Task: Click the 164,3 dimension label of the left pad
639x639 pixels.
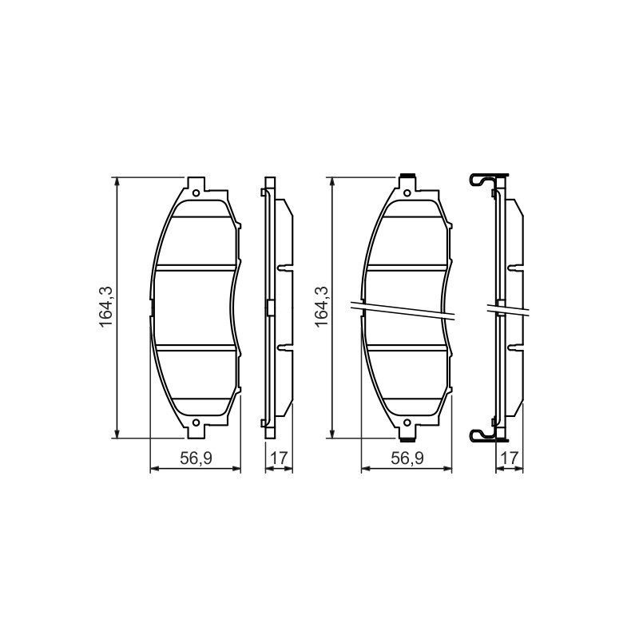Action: pos(105,307)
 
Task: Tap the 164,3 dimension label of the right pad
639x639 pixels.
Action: pos(322,307)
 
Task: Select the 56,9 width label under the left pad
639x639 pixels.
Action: pos(196,458)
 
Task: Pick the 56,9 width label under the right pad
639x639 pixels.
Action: pos(407,458)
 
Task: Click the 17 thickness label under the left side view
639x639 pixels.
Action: pos(279,458)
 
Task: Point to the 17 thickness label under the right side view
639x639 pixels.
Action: pos(510,458)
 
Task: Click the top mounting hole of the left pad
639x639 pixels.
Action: pos(196,192)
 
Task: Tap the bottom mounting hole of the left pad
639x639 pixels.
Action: pos(196,423)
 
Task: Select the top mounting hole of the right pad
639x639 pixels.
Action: pos(407,192)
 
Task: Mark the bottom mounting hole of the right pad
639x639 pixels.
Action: pos(407,423)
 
